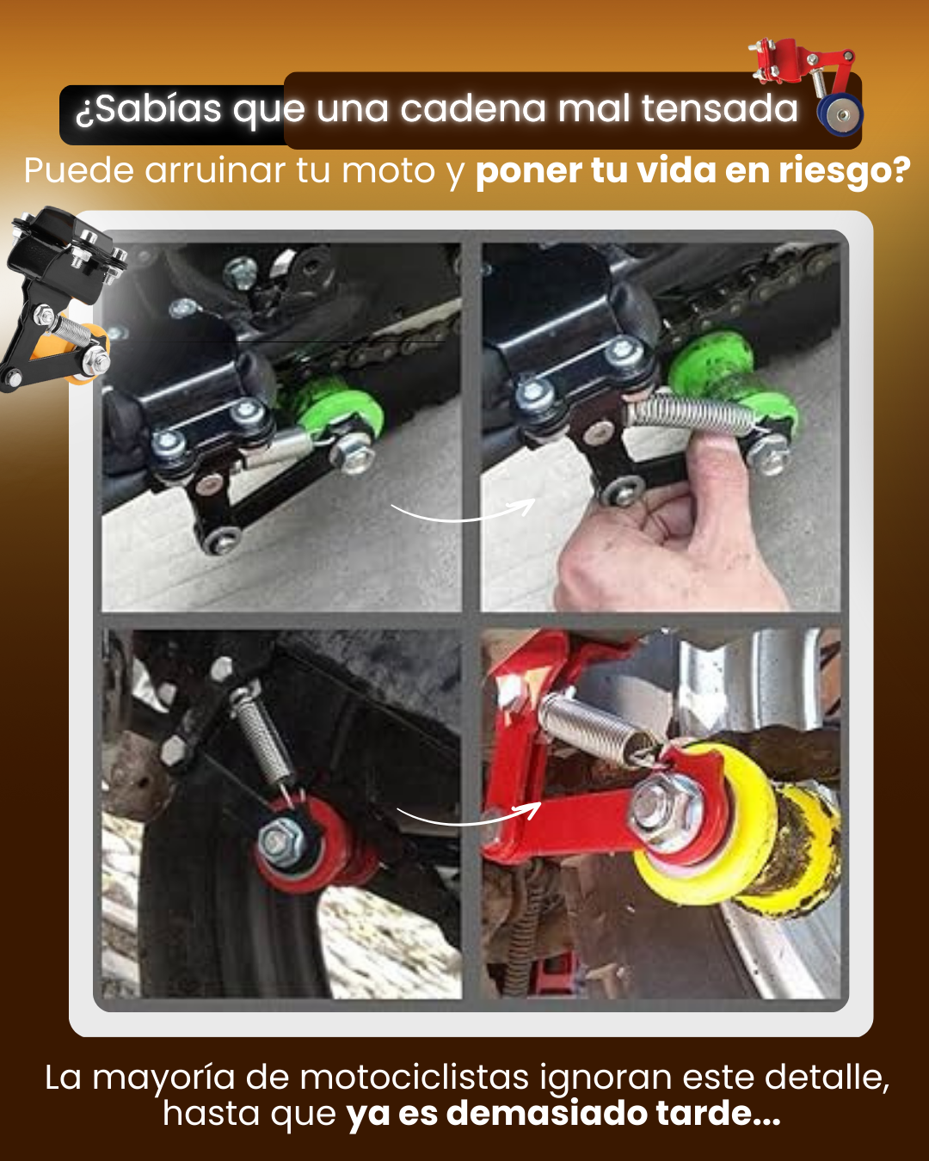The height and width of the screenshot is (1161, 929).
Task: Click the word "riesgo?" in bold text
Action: point(845,171)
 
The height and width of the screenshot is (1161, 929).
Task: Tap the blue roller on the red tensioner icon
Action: point(839,114)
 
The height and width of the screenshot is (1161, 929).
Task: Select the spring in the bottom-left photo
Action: point(262,735)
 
